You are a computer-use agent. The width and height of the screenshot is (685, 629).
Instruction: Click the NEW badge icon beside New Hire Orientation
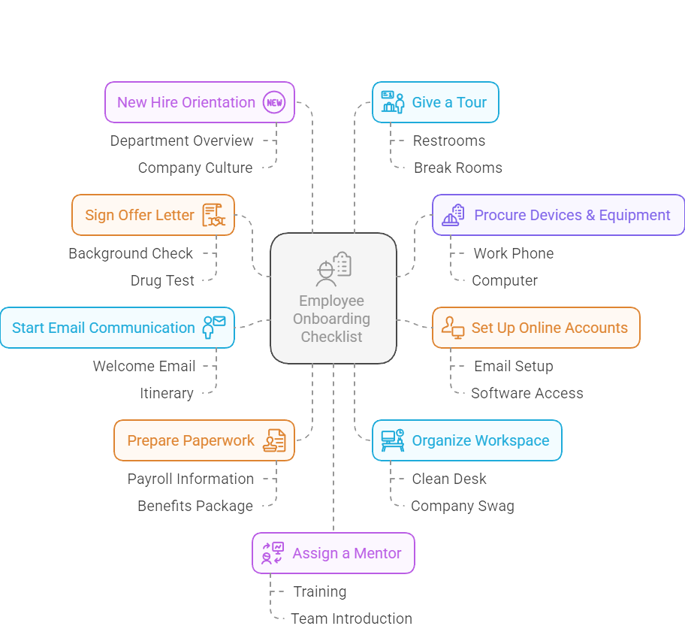pyautogui.click(x=274, y=102)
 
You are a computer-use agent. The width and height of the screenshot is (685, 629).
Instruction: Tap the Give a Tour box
pyautogui.click(x=435, y=102)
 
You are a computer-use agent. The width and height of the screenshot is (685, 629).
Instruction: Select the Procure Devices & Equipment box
pyautogui.click(x=558, y=215)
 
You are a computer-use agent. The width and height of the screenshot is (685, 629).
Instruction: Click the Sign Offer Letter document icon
pyautogui.click(x=213, y=215)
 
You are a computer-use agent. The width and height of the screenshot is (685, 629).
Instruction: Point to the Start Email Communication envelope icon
pyautogui.click(x=213, y=328)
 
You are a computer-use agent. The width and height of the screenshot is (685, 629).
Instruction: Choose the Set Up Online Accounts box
pyautogui.click(x=536, y=328)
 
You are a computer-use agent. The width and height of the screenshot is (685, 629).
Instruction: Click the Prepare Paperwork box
pyautogui.click(x=204, y=440)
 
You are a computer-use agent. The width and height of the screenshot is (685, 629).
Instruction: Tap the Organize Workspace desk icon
pyautogui.click(x=392, y=440)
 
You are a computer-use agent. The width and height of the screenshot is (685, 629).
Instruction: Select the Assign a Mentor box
pyautogui.click(x=333, y=553)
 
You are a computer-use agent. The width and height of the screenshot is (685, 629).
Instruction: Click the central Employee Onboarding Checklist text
pyautogui.click(x=331, y=319)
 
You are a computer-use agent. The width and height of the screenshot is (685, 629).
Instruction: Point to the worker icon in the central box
pyautogui.click(x=333, y=269)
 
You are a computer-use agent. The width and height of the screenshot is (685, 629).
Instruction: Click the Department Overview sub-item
pyautogui.click(x=182, y=141)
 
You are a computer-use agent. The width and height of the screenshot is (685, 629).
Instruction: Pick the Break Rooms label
pyautogui.click(x=458, y=168)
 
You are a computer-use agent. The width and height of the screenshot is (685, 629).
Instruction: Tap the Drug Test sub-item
pyautogui.click(x=162, y=280)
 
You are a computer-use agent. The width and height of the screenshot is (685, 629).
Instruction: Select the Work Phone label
pyautogui.click(x=514, y=253)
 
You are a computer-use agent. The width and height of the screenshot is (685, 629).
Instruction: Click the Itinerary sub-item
pyautogui.click(x=167, y=393)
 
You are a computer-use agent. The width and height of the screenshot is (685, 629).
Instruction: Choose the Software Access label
pyautogui.click(x=527, y=393)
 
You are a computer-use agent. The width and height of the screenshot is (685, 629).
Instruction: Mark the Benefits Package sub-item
pyautogui.click(x=195, y=507)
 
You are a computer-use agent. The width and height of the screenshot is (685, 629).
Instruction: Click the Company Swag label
pyautogui.click(x=463, y=507)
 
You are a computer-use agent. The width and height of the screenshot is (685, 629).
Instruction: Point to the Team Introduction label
pyautogui.click(x=352, y=619)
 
